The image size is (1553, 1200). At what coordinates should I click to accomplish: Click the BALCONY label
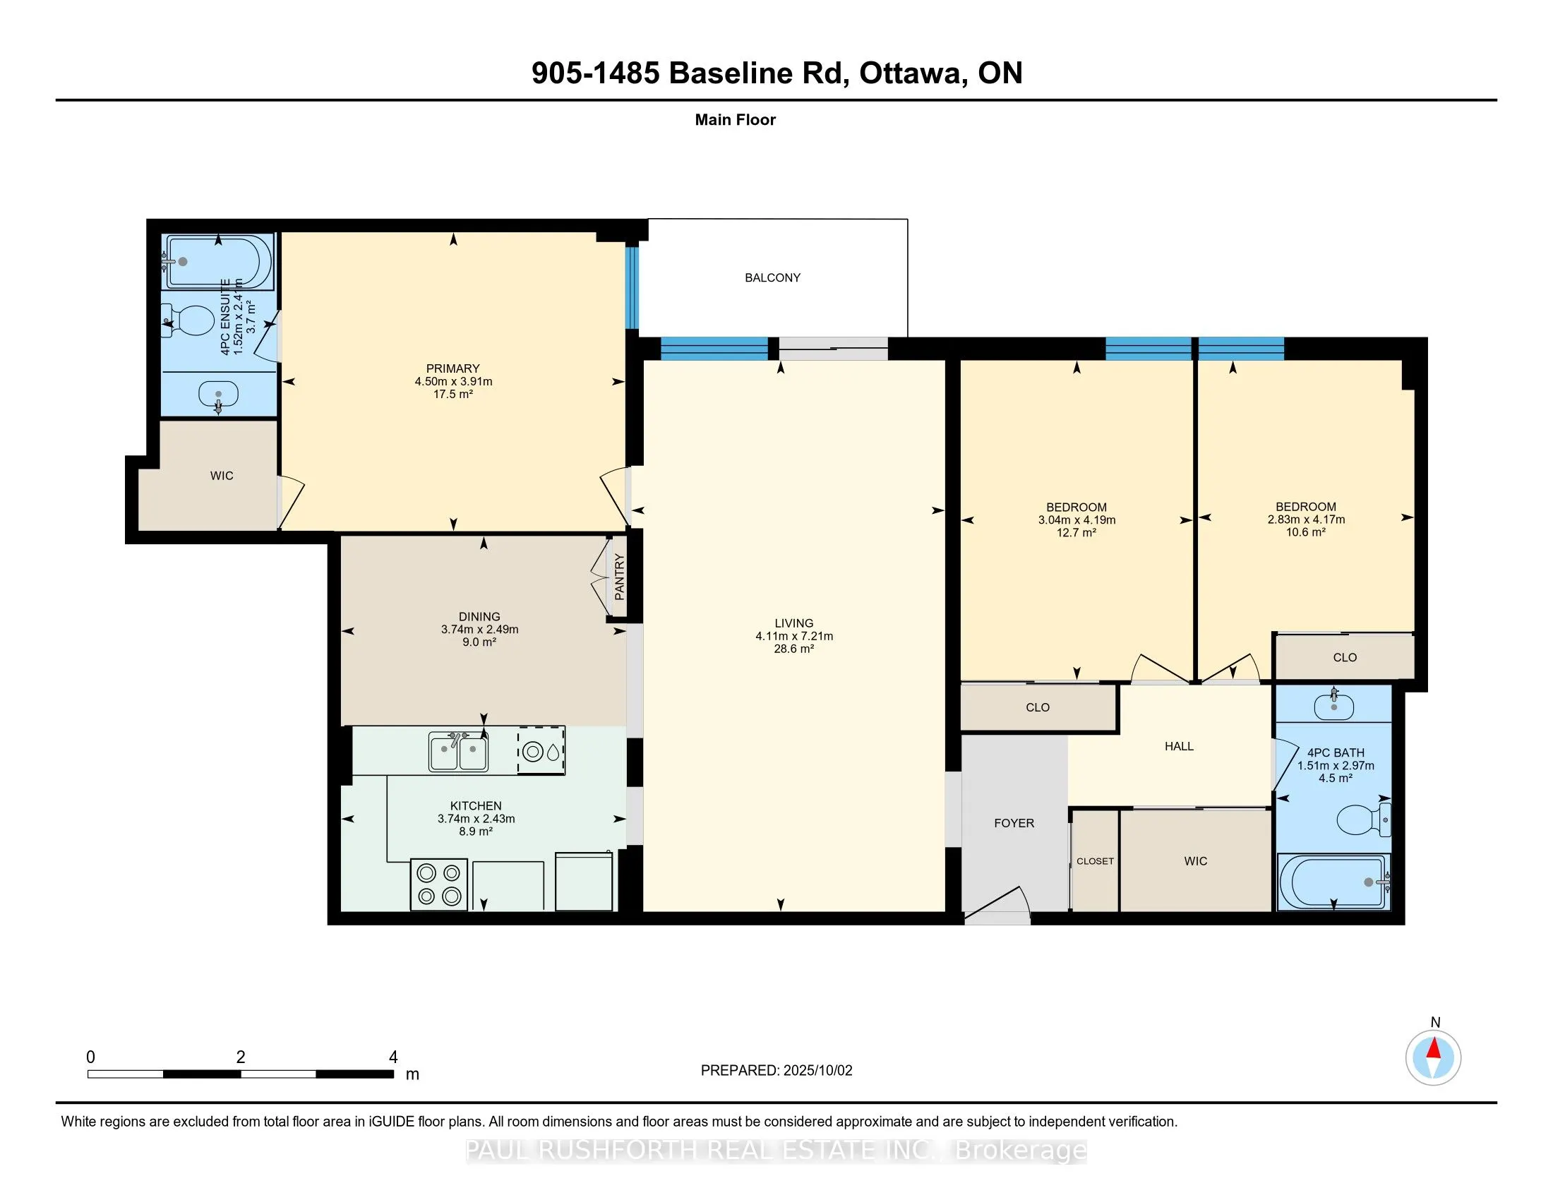pyautogui.click(x=772, y=278)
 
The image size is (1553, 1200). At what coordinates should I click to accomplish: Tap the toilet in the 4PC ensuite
pyautogui.click(x=188, y=320)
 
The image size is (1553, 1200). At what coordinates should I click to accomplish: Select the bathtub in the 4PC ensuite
pyautogui.click(x=218, y=262)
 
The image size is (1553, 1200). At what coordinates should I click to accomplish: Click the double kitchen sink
pyautogui.click(x=458, y=752)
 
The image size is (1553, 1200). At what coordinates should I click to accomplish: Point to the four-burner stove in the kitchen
pyautogui.click(x=439, y=884)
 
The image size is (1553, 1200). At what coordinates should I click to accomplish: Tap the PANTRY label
pyautogui.click(x=619, y=577)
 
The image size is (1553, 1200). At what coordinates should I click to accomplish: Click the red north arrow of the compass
pyautogui.click(x=1434, y=1048)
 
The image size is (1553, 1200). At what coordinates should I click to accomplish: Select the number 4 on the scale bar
pyautogui.click(x=393, y=1057)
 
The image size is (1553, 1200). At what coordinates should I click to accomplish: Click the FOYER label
pyautogui.click(x=1014, y=823)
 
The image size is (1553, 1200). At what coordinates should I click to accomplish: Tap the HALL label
pyautogui.click(x=1179, y=746)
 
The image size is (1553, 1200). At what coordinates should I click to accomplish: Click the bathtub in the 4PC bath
pyautogui.click(x=1333, y=882)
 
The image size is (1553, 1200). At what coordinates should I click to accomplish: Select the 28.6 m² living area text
pyautogui.click(x=794, y=649)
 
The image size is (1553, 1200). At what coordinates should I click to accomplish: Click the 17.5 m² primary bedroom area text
pyautogui.click(x=453, y=394)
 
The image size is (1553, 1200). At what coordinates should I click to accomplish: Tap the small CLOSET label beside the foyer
pyautogui.click(x=1095, y=861)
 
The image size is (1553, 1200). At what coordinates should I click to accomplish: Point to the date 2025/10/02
pyautogui.click(x=817, y=1071)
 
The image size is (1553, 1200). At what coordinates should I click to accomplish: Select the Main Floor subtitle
pyautogui.click(x=736, y=120)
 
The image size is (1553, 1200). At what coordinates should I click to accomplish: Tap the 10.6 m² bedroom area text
pyautogui.click(x=1306, y=532)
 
